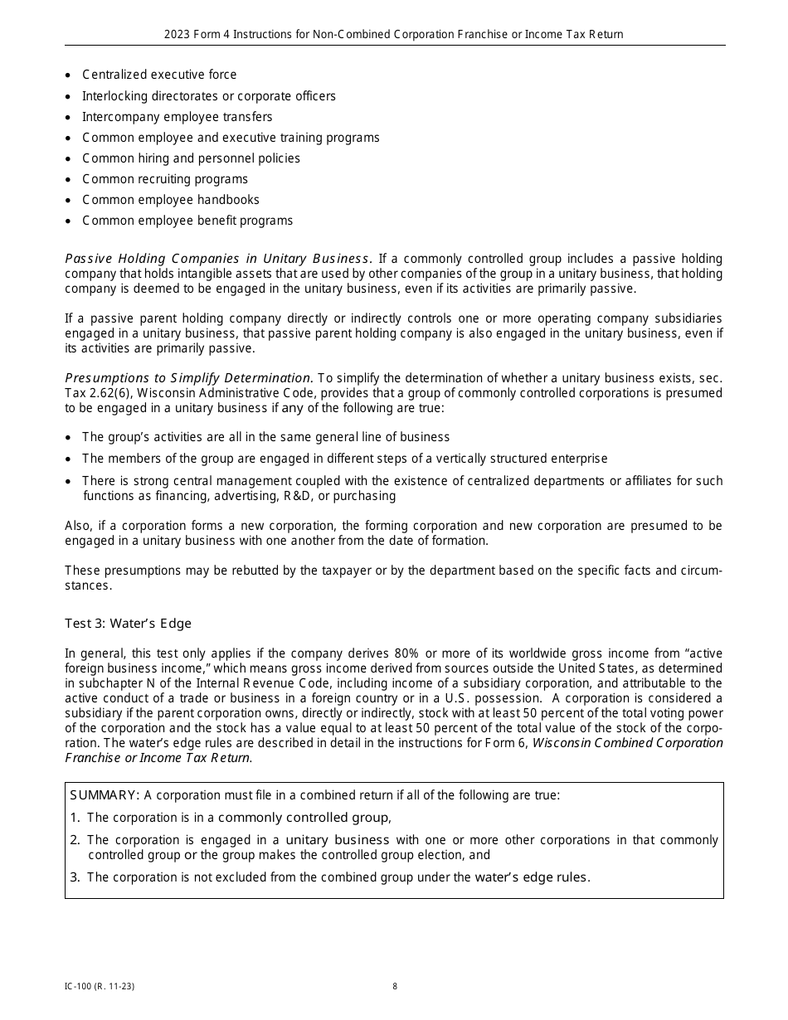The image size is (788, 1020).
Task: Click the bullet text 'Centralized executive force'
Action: pyautogui.click(x=159, y=75)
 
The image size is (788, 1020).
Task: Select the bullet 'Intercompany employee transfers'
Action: pyautogui.click(x=177, y=117)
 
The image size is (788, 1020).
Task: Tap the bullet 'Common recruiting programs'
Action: pyautogui.click(x=165, y=179)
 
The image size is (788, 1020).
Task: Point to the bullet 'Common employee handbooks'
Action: pyautogui.click(x=170, y=200)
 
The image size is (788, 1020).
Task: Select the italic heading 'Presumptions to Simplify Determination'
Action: pyautogui.click(x=188, y=378)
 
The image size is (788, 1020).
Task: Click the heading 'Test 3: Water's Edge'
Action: pyautogui.click(x=128, y=624)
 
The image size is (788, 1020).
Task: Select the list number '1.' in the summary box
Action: pyautogui.click(x=75, y=818)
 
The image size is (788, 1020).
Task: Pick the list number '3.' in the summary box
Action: pyautogui.click(x=75, y=877)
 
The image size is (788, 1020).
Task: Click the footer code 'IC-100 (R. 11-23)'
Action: pyautogui.click(x=99, y=987)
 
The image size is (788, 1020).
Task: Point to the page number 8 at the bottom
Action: pyautogui.click(x=395, y=987)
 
